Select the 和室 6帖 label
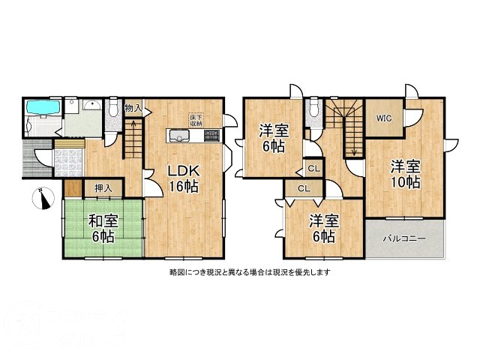coord(103,228)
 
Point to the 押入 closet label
coord(103,187)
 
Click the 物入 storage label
coord(133,108)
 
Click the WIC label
coord(384,118)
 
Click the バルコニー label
coord(404,238)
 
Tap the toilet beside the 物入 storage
coord(112,110)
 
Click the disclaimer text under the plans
coord(250,272)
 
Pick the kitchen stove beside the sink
coord(211,136)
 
